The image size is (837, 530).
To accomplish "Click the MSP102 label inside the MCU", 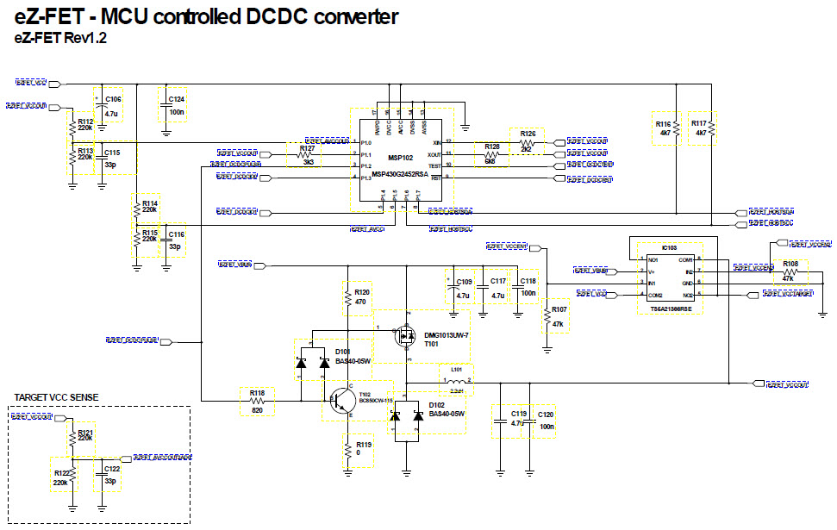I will point(399,158).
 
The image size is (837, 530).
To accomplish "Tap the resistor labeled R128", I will point(492,153).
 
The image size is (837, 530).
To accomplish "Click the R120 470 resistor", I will point(349,298).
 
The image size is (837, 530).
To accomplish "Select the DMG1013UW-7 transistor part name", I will point(446,334).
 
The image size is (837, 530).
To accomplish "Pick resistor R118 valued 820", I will point(257,402).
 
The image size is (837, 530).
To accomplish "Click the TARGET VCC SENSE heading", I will point(57,396).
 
